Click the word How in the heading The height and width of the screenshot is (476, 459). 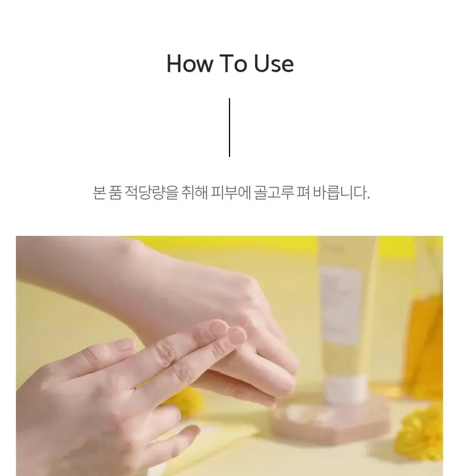[x=189, y=64]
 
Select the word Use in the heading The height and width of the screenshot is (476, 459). [x=274, y=64]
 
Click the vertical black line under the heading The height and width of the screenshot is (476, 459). [x=229, y=128]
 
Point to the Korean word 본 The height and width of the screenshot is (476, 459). [x=99, y=192]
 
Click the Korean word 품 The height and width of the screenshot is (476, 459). [x=115, y=192]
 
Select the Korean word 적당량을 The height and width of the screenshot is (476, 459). [x=151, y=193]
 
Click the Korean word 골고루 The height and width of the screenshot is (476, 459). [x=273, y=192]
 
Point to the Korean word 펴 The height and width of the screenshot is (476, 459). [x=302, y=192]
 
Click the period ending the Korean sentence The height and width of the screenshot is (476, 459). [x=368, y=198]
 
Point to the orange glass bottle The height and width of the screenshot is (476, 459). [x=424, y=343]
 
